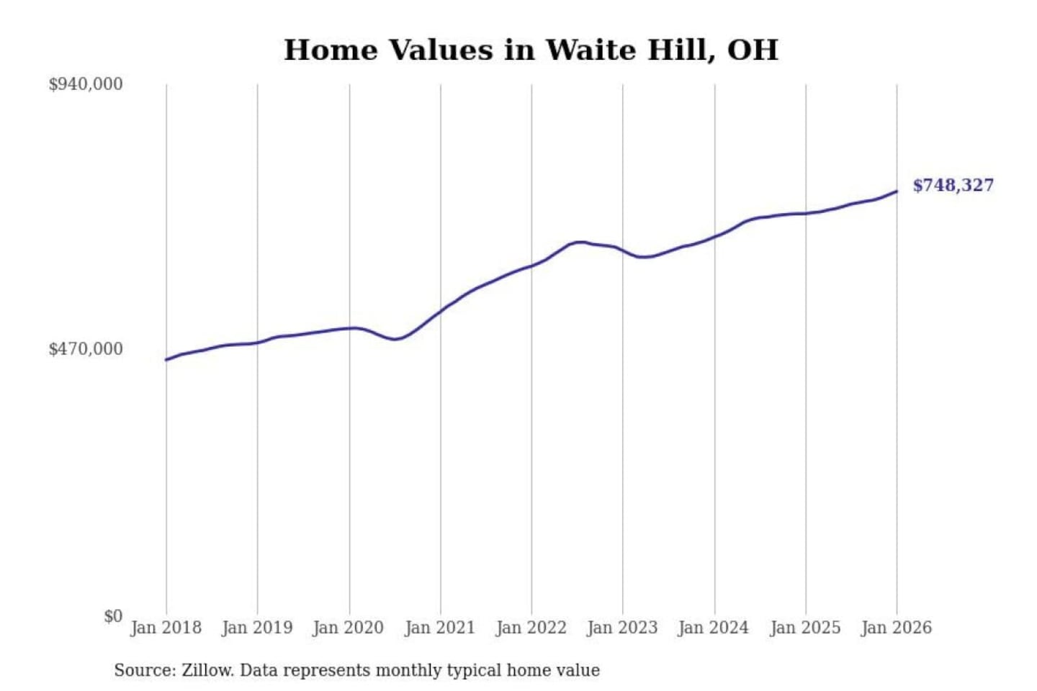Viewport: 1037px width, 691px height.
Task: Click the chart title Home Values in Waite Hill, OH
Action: (x=531, y=50)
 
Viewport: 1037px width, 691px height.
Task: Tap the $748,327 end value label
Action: (x=953, y=186)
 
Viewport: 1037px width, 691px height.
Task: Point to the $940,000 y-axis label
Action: (x=86, y=84)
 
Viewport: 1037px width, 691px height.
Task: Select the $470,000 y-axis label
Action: (x=86, y=349)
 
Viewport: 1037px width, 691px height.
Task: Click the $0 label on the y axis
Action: (x=113, y=616)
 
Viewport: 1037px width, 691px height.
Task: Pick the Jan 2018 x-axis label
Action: (x=166, y=628)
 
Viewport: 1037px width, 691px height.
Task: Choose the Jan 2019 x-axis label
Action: (x=257, y=628)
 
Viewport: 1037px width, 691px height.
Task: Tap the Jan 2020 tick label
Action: (x=349, y=628)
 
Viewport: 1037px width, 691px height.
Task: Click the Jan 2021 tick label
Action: (x=440, y=628)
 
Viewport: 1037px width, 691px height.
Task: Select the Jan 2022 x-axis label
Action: (x=531, y=628)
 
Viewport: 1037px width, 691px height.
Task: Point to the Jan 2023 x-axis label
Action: (x=622, y=628)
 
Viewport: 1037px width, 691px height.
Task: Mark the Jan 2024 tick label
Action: (x=714, y=628)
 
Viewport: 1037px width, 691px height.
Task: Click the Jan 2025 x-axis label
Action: (x=805, y=628)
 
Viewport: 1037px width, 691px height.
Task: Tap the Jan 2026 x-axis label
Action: (x=897, y=628)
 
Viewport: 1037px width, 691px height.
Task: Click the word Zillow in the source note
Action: (x=207, y=670)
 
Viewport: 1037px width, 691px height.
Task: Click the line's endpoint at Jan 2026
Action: (x=897, y=191)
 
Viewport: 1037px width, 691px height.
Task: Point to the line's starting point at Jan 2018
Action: (x=166, y=360)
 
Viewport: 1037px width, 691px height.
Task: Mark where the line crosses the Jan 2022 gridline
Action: (x=531, y=266)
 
